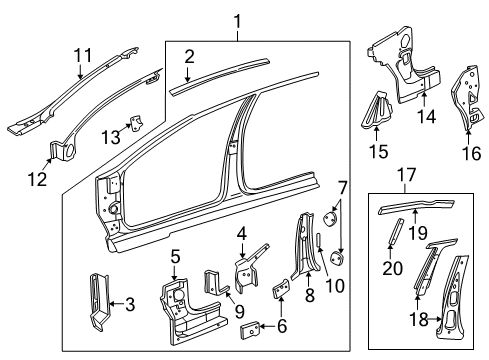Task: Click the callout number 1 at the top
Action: pos(237,21)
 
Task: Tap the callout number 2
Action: pos(189,57)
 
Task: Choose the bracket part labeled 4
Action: pos(245,276)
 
